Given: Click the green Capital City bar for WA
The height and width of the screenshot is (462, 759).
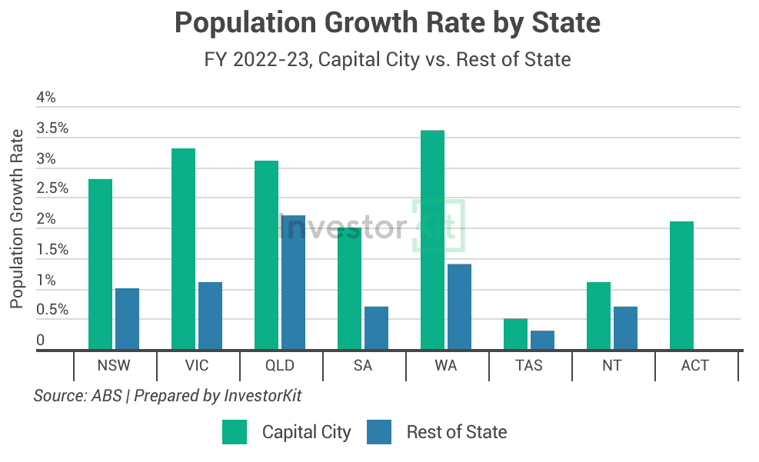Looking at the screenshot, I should click(x=432, y=240).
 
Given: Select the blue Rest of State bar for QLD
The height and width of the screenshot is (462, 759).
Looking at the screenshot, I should click(x=293, y=283).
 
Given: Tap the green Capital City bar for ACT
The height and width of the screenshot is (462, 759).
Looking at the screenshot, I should click(x=681, y=285).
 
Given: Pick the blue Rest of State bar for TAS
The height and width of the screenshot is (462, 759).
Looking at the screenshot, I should click(x=542, y=341).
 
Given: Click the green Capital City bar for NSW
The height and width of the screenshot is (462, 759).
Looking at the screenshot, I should click(x=100, y=264).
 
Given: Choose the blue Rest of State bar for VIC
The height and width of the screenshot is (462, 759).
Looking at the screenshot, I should click(x=210, y=316).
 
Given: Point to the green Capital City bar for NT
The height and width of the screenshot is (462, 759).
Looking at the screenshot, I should click(x=598, y=316).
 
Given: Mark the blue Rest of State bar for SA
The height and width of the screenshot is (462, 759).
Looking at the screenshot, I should click(x=376, y=328).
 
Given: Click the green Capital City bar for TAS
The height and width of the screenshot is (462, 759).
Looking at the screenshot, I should click(x=515, y=334).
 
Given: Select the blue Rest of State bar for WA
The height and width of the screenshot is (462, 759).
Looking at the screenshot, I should click(x=459, y=307).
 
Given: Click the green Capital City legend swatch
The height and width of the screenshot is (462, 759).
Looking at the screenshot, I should click(x=235, y=432).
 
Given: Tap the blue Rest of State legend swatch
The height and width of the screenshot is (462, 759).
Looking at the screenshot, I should click(x=380, y=432).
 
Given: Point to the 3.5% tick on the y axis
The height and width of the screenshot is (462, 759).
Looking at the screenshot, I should click(x=52, y=128).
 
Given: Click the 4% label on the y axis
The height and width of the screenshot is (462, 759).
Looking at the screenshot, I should click(x=46, y=98).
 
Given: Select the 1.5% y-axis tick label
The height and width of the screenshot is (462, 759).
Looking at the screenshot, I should click(x=52, y=250).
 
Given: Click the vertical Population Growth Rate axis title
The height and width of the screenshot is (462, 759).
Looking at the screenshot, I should click(x=16, y=219).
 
